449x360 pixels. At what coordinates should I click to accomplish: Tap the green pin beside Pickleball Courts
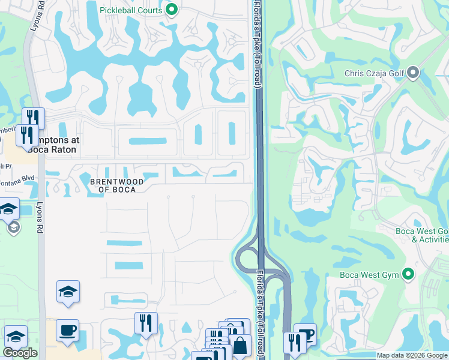pyautogui.click(x=172, y=10)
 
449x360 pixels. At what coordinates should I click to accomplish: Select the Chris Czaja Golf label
pyautogui.click(x=375, y=73)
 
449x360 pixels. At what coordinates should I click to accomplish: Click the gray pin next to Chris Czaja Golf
pyautogui.click(x=413, y=73)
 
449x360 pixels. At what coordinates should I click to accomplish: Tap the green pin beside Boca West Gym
pyautogui.click(x=409, y=275)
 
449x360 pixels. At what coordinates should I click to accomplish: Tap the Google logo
pyautogui.click(x=20, y=353)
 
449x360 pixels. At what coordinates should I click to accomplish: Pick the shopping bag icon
pyautogui.click(x=240, y=346)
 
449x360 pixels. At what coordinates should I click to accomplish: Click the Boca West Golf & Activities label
pyautogui.click(x=422, y=235)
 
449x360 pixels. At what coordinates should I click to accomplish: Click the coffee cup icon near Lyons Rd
pyautogui.click(x=67, y=329)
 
